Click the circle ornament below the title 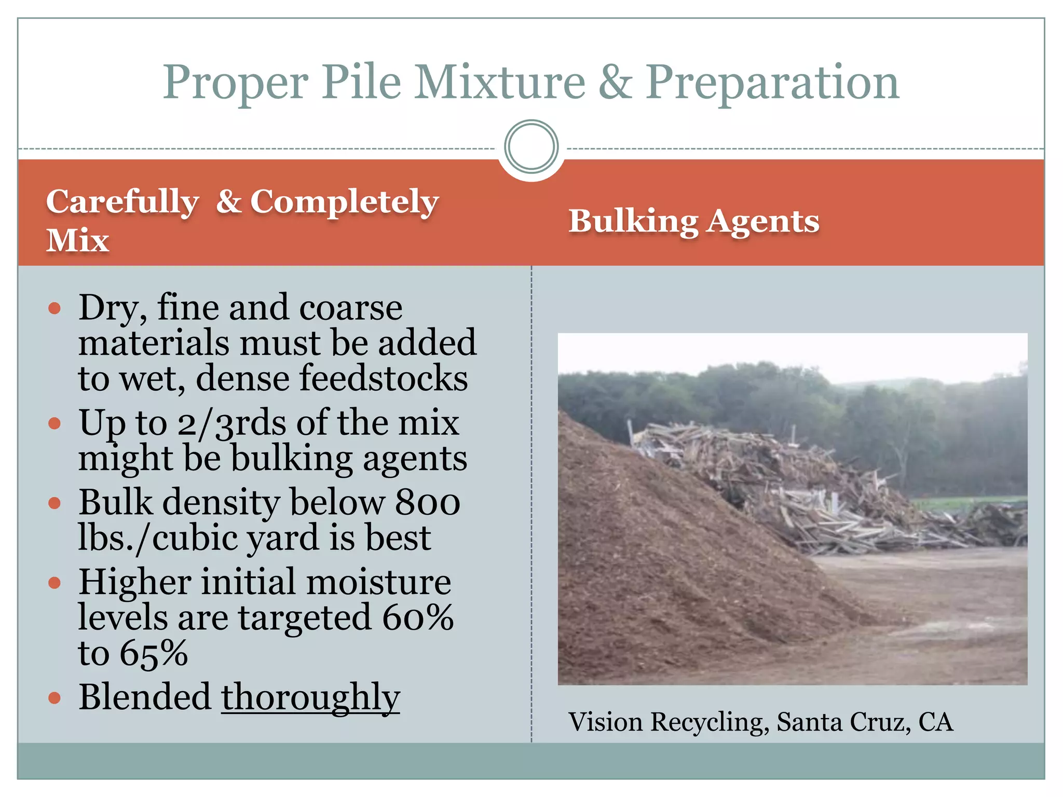click(x=531, y=147)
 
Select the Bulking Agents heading click(x=693, y=222)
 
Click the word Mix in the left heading click(x=78, y=240)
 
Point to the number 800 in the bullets click(x=428, y=502)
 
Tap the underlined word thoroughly click(x=310, y=697)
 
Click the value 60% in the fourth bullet click(x=418, y=617)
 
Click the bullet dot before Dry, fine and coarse click(x=54, y=309)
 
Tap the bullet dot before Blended click(x=54, y=698)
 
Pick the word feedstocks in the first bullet click(x=384, y=378)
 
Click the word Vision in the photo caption click(x=606, y=722)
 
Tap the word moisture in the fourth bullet click(x=378, y=582)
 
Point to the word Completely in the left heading click(x=345, y=202)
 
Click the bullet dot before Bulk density click(x=54, y=503)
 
